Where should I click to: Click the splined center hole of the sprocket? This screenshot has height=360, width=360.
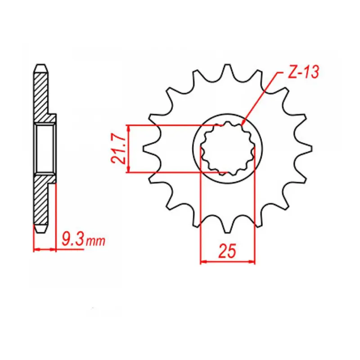[227, 148]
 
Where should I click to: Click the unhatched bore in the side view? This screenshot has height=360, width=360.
[45, 148]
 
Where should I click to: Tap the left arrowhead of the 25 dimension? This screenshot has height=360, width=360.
[203, 261]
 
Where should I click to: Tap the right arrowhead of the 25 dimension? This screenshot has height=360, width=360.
[252, 261]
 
